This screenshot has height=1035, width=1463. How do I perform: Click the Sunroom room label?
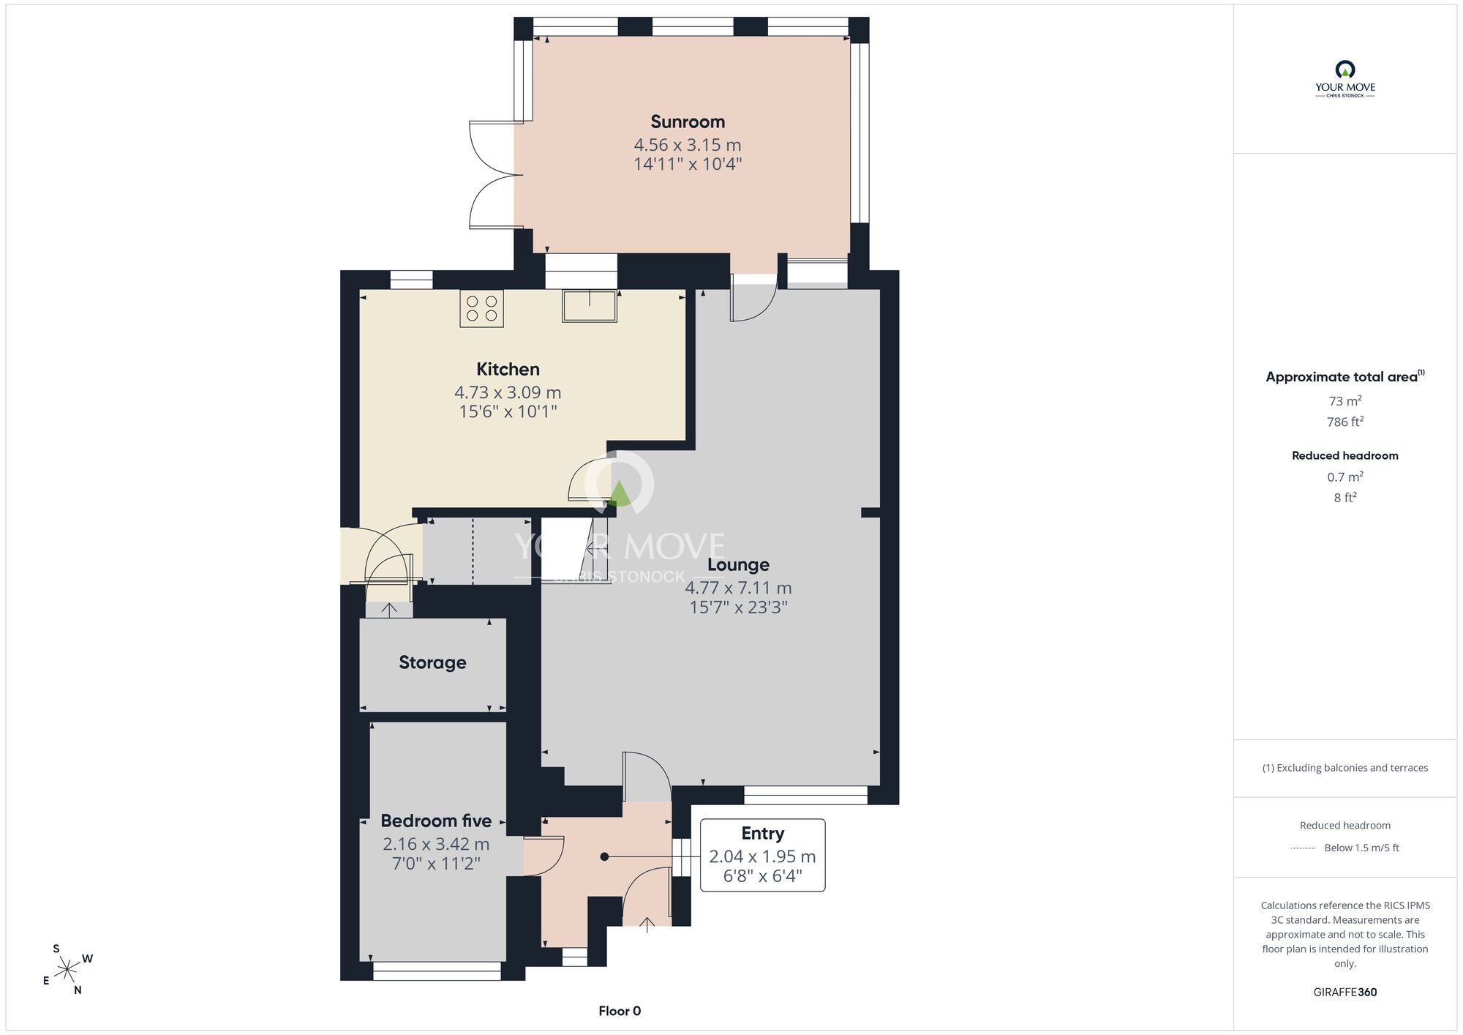(x=688, y=122)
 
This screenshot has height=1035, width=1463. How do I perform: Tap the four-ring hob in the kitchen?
(x=481, y=308)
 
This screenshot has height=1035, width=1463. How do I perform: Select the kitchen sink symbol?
(x=590, y=306)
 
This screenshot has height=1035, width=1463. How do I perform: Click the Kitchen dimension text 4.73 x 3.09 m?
(x=508, y=392)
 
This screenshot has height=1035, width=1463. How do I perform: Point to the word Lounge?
(x=738, y=565)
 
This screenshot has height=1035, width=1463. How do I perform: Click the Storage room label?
(x=432, y=662)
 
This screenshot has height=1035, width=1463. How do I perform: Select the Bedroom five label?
(x=436, y=821)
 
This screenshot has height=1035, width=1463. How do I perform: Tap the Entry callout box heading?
(x=762, y=834)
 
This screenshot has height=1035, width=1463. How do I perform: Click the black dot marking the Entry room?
(x=604, y=856)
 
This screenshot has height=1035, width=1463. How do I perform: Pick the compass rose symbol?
(x=67, y=970)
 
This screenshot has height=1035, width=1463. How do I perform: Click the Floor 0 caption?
(x=620, y=1011)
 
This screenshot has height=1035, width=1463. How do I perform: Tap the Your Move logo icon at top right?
(x=1344, y=70)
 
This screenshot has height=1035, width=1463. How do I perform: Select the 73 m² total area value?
(x=1344, y=401)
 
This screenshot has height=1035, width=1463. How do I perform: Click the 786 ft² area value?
(x=1344, y=422)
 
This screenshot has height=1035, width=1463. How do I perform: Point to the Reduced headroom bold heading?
(x=1344, y=455)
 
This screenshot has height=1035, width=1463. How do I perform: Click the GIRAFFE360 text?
(x=1344, y=993)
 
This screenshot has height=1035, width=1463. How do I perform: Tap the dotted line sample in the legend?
(x=1304, y=848)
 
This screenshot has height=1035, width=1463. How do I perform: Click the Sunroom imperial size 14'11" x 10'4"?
(x=688, y=164)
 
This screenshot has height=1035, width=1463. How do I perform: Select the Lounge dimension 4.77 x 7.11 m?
(x=738, y=588)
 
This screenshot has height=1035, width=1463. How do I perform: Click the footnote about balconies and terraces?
(x=1344, y=768)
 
